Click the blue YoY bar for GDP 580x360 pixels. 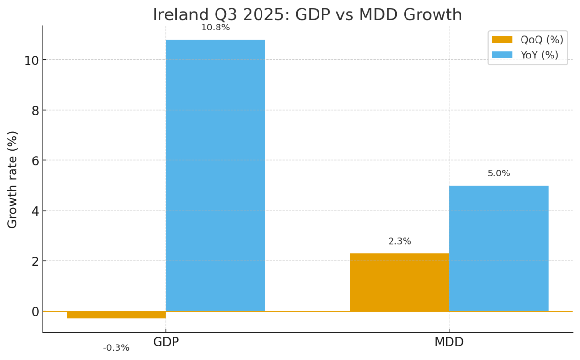coord(215,175)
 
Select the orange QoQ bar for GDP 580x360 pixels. coord(116,315)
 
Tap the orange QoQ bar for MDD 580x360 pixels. coord(399,282)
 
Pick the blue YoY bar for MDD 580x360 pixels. coord(498,248)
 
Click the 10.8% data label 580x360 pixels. coord(215,28)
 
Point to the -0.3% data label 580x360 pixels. coord(116,348)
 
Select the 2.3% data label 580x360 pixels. coord(399,242)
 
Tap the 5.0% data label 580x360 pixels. coord(498,173)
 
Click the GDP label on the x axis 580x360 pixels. coord(166,342)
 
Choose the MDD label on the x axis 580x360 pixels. coord(449,342)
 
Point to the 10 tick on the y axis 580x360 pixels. coord(31,60)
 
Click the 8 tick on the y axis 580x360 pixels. coord(35,111)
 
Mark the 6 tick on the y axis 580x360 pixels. coord(35,161)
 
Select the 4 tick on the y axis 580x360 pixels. coord(35,211)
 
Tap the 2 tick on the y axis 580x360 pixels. coord(35,261)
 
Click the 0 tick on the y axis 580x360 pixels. coord(35,312)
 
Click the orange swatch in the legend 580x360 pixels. coord(502,40)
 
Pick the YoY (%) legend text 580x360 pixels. coord(539,55)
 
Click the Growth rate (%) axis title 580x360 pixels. coord(13,179)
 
